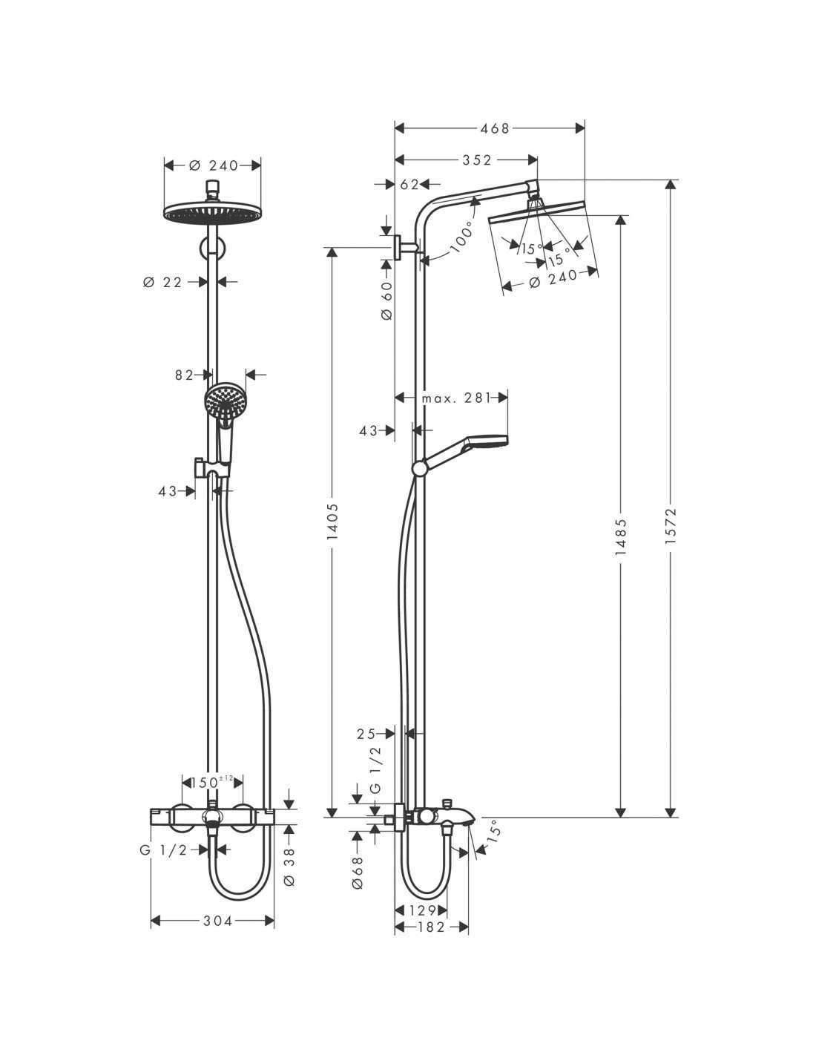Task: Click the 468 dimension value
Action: coord(495,128)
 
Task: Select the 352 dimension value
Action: coord(477,160)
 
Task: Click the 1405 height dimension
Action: coord(332,522)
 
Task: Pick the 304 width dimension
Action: coord(218,921)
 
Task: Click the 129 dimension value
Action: coord(421,909)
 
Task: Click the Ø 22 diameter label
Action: coord(162,282)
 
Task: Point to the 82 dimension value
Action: coord(184,375)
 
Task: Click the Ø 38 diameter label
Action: coord(289,867)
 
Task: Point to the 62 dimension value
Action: coord(411,185)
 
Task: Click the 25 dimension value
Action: coord(366,747)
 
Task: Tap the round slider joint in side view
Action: coord(419,468)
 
